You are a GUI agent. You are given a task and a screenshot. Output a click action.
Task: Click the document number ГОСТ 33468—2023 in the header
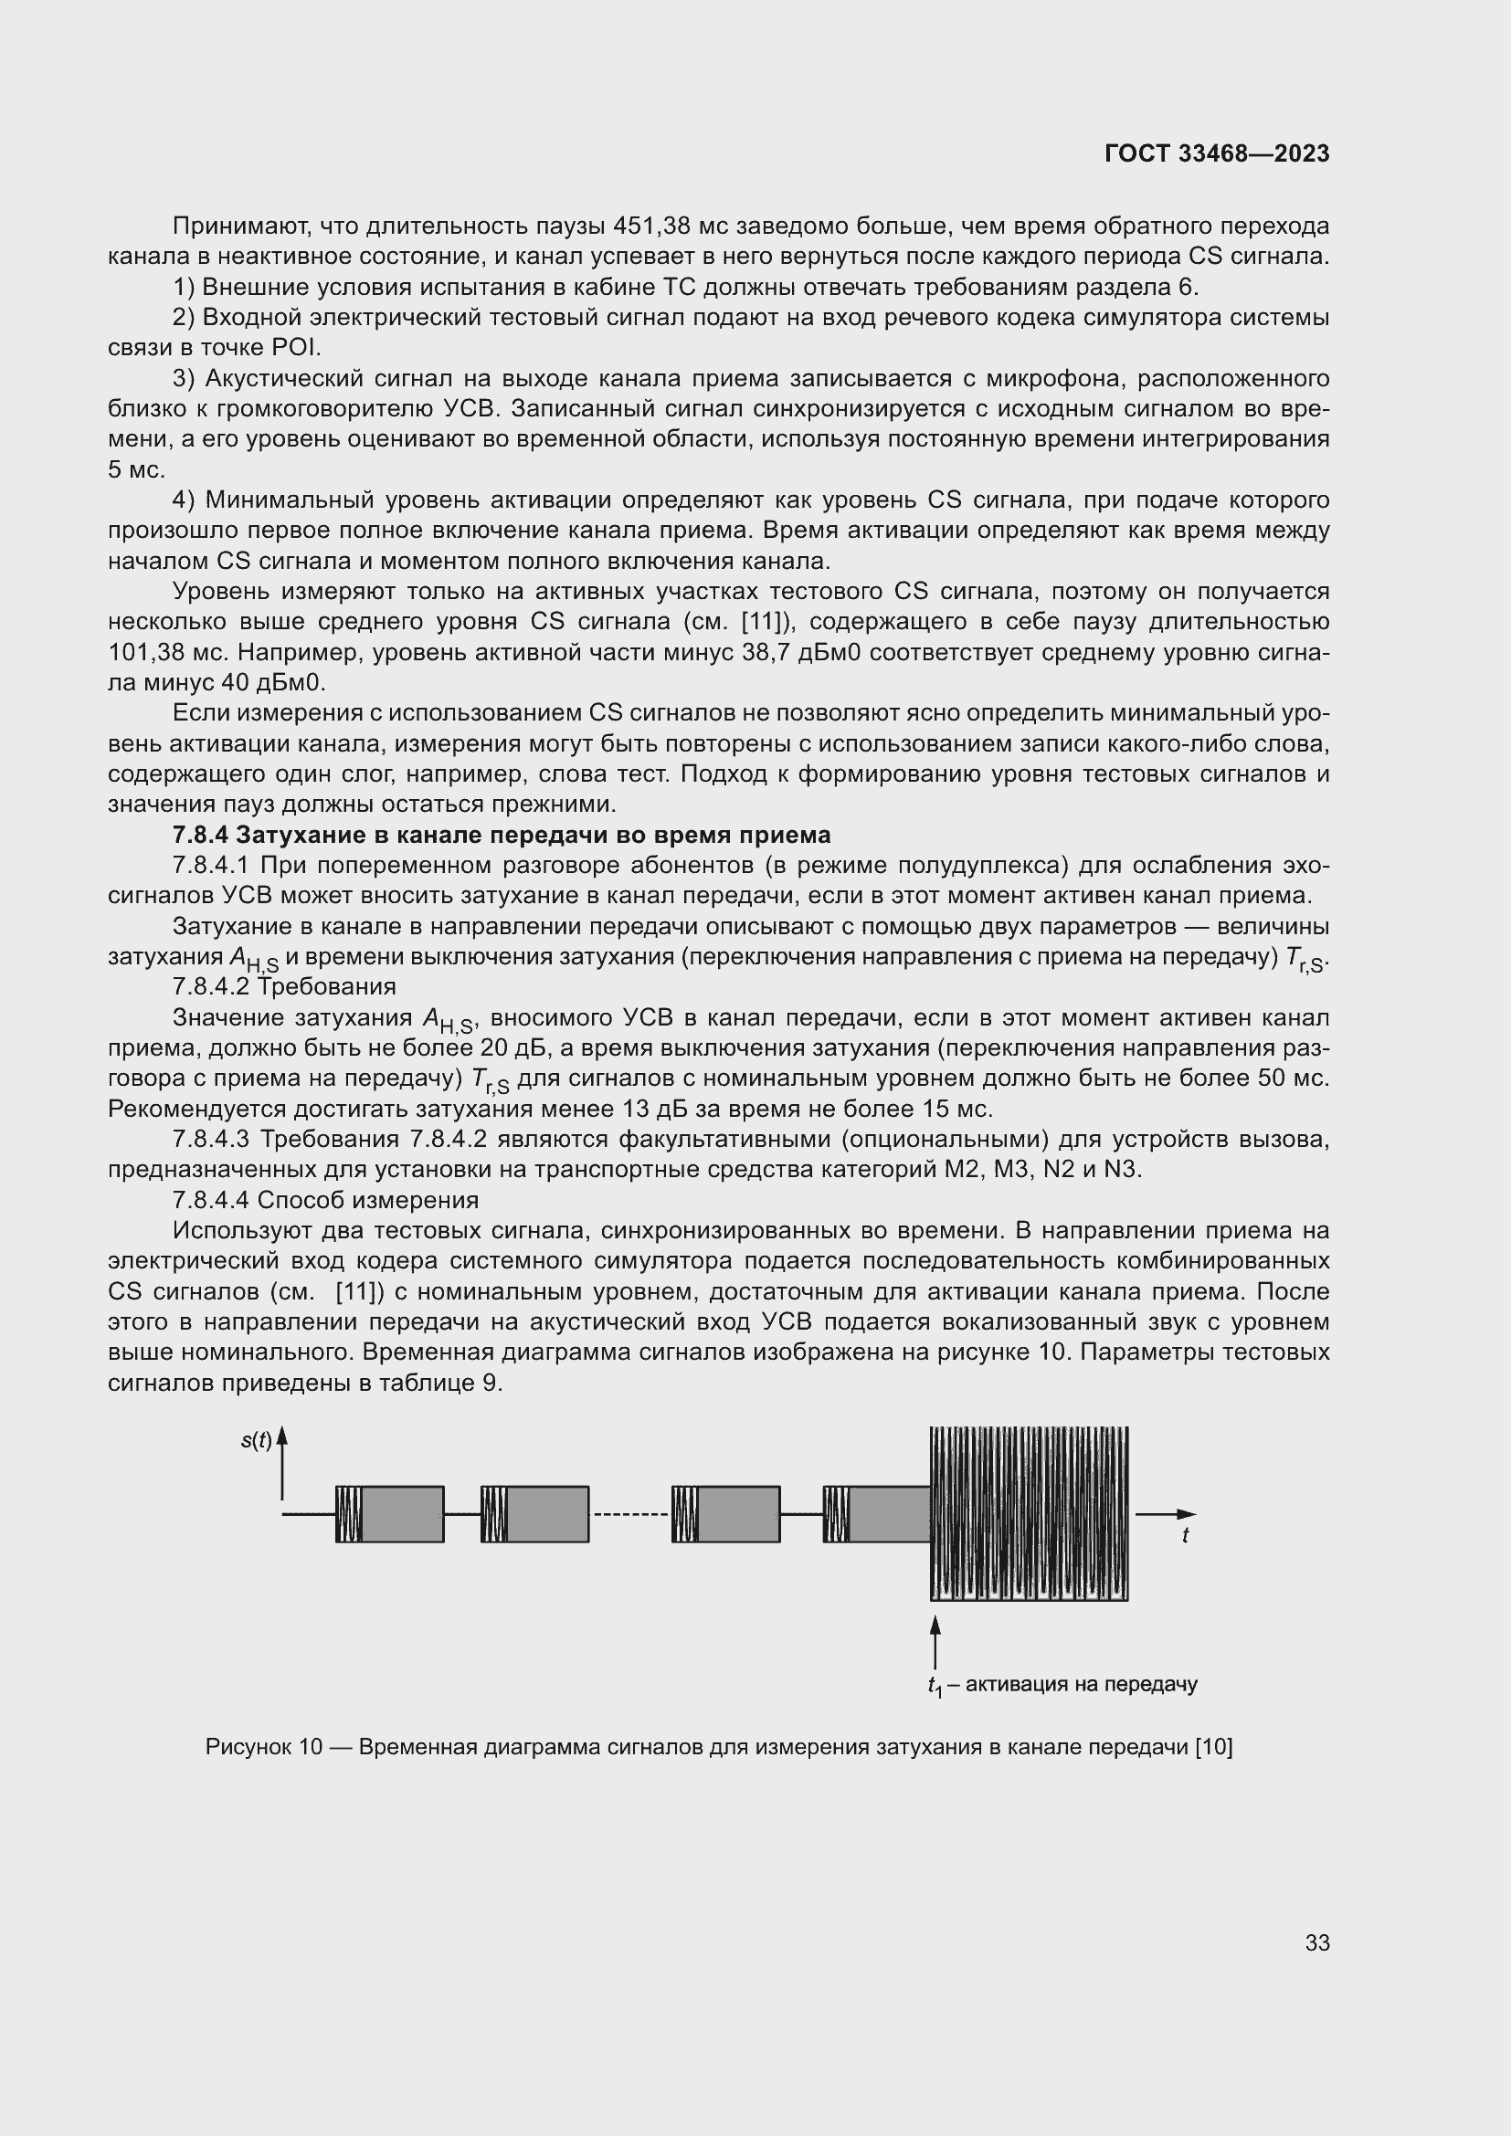[1217, 154]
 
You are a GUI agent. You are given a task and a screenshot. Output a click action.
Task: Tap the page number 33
[1316, 1942]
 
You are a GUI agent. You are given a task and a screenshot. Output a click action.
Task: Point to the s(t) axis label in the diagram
[256, 1441]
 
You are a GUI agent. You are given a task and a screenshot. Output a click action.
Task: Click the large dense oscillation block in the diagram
[1029, 1513]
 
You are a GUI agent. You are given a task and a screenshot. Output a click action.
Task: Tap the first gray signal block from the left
[402, 1513]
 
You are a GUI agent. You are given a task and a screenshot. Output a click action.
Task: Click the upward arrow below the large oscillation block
[935, 1642]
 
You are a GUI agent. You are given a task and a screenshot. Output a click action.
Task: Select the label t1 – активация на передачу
[1062, 1684]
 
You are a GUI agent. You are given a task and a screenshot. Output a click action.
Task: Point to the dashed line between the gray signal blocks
[630, 1513]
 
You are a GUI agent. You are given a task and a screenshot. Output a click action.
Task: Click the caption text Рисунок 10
[263, 1747]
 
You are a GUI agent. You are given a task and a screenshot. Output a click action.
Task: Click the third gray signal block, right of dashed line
[739, 1513]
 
